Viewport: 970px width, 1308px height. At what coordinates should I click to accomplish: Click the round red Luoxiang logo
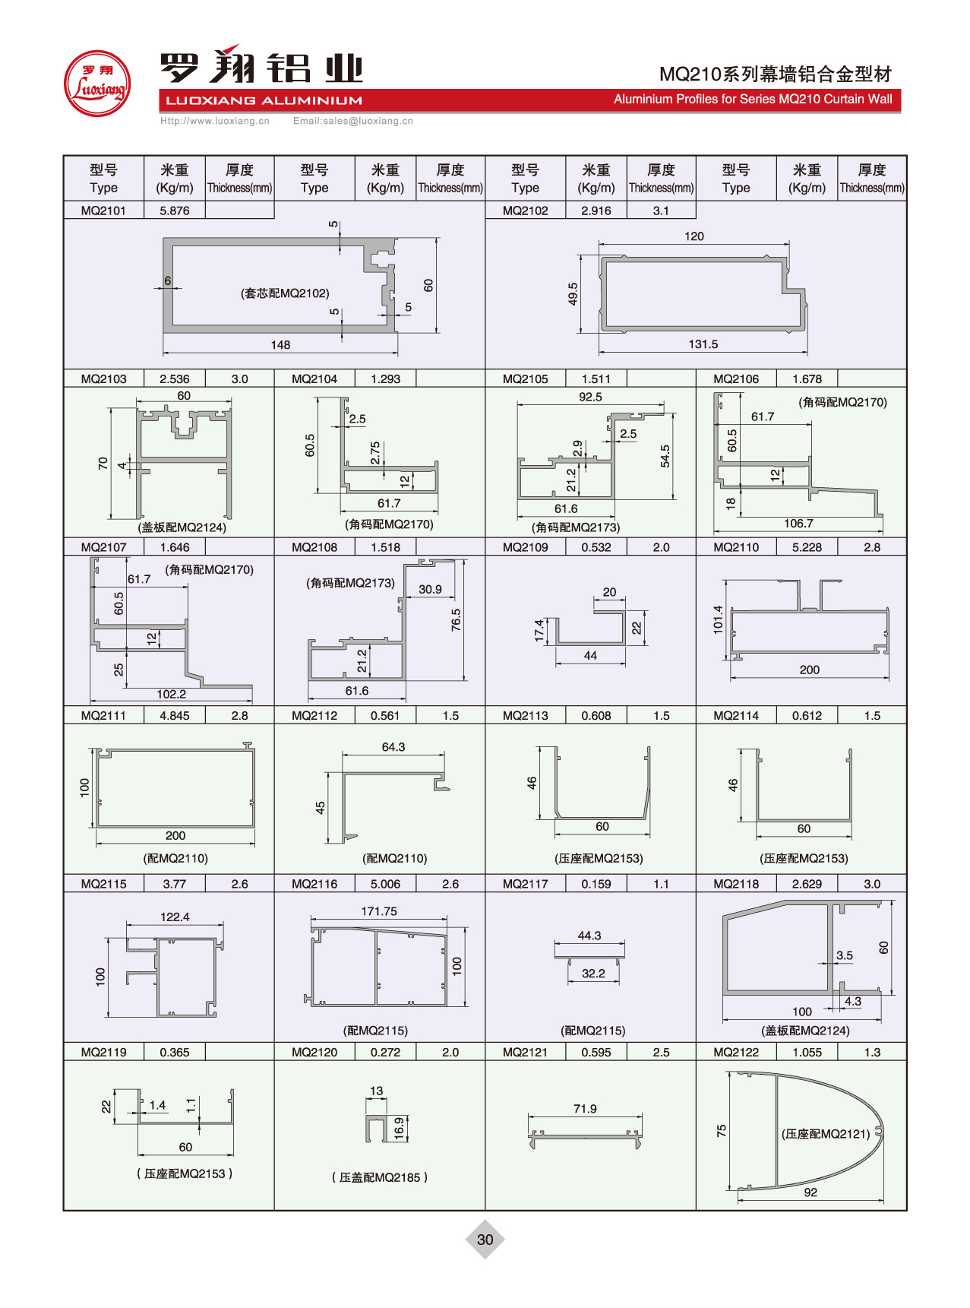97,84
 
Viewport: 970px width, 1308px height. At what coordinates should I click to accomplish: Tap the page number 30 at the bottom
485,1239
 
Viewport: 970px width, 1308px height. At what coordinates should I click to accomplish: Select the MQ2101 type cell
103,211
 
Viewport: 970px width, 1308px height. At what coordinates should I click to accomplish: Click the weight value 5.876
175,211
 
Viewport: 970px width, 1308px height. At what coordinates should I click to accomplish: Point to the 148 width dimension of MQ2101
280,345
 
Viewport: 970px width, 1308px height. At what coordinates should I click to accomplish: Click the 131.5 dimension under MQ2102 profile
703,344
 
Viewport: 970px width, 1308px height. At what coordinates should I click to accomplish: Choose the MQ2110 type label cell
735,547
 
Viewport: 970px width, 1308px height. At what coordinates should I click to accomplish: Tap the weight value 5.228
807,547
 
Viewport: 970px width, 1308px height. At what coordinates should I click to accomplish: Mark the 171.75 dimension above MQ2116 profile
379,911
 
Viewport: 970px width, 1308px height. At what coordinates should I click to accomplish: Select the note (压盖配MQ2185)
380,1177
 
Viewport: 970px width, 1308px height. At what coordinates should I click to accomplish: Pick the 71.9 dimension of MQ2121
585,1109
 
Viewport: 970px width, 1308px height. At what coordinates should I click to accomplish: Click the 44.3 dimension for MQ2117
589,936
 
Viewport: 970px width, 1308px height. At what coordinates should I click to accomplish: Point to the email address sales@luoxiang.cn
353,121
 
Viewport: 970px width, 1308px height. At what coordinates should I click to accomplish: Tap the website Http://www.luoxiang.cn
215,121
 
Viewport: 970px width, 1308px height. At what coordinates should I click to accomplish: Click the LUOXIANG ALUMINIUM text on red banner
264,100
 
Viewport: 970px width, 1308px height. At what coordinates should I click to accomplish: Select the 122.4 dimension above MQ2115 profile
175,917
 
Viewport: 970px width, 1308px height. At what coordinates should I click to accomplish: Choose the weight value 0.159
596,884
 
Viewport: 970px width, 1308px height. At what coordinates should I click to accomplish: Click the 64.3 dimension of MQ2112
393,747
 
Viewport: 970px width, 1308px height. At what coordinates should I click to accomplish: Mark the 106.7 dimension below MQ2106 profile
798,524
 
